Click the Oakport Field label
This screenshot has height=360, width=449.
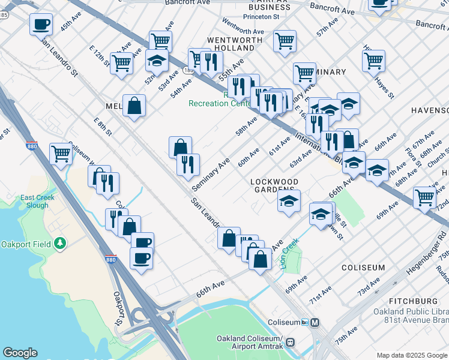tap(25, 243)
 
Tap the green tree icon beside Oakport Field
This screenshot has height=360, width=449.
tap(59, 243)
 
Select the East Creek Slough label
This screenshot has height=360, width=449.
tap(37, 201)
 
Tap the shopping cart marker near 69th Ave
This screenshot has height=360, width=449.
tap(424, 196)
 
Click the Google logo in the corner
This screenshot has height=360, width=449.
tap(20, 353)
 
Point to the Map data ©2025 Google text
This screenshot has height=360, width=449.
tap(411, 355)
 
